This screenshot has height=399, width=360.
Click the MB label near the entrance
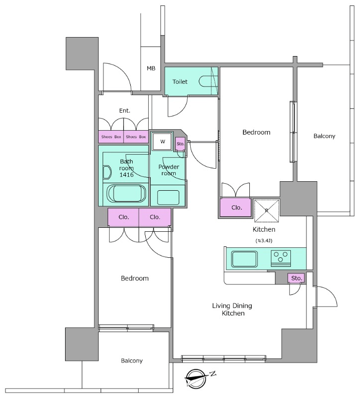coord(151,68)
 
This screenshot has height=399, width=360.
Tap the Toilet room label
coord(180,82)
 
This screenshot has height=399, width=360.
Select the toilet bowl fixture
coord(205,82)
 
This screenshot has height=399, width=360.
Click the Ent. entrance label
coord(125,111)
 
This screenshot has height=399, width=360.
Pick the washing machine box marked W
coord(162,142)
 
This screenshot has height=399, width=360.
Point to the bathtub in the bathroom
coord(127,193)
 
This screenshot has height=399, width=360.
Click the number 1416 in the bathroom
coord(127,175)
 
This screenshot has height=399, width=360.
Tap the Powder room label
coord(169,170)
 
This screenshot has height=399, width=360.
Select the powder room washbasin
coord(168,197)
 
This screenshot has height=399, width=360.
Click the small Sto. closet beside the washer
coord(180,144)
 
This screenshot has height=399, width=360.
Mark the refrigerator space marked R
coord(267,211)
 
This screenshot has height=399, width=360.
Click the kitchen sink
coord(244,259)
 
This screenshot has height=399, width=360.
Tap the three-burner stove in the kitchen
coord(280,258)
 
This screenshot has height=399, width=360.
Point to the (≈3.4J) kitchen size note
coord(264,240)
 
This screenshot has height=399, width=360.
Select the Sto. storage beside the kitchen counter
coord(296,278)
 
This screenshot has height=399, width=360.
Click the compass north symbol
coord(195,378)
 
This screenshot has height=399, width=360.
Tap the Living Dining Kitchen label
coord(232,309)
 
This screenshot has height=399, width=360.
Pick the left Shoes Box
coord(111,137)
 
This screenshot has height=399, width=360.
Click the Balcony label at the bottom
coord(132,360)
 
